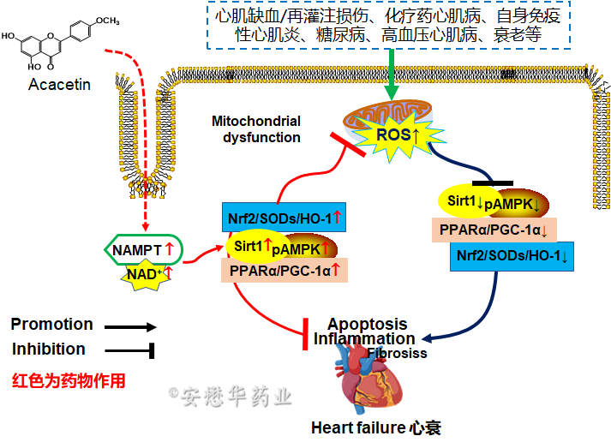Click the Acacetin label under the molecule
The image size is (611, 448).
pyautogui.click(x=59, y=84)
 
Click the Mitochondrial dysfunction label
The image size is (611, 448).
pyautogui.click(x=256, y=129)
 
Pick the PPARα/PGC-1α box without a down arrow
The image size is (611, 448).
pyautogui.click(x=280, y=271)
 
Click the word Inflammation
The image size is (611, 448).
pyautogui.click(x=364, y=339)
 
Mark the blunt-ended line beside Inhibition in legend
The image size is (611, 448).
pyautogui.click(x=129, y=349)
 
